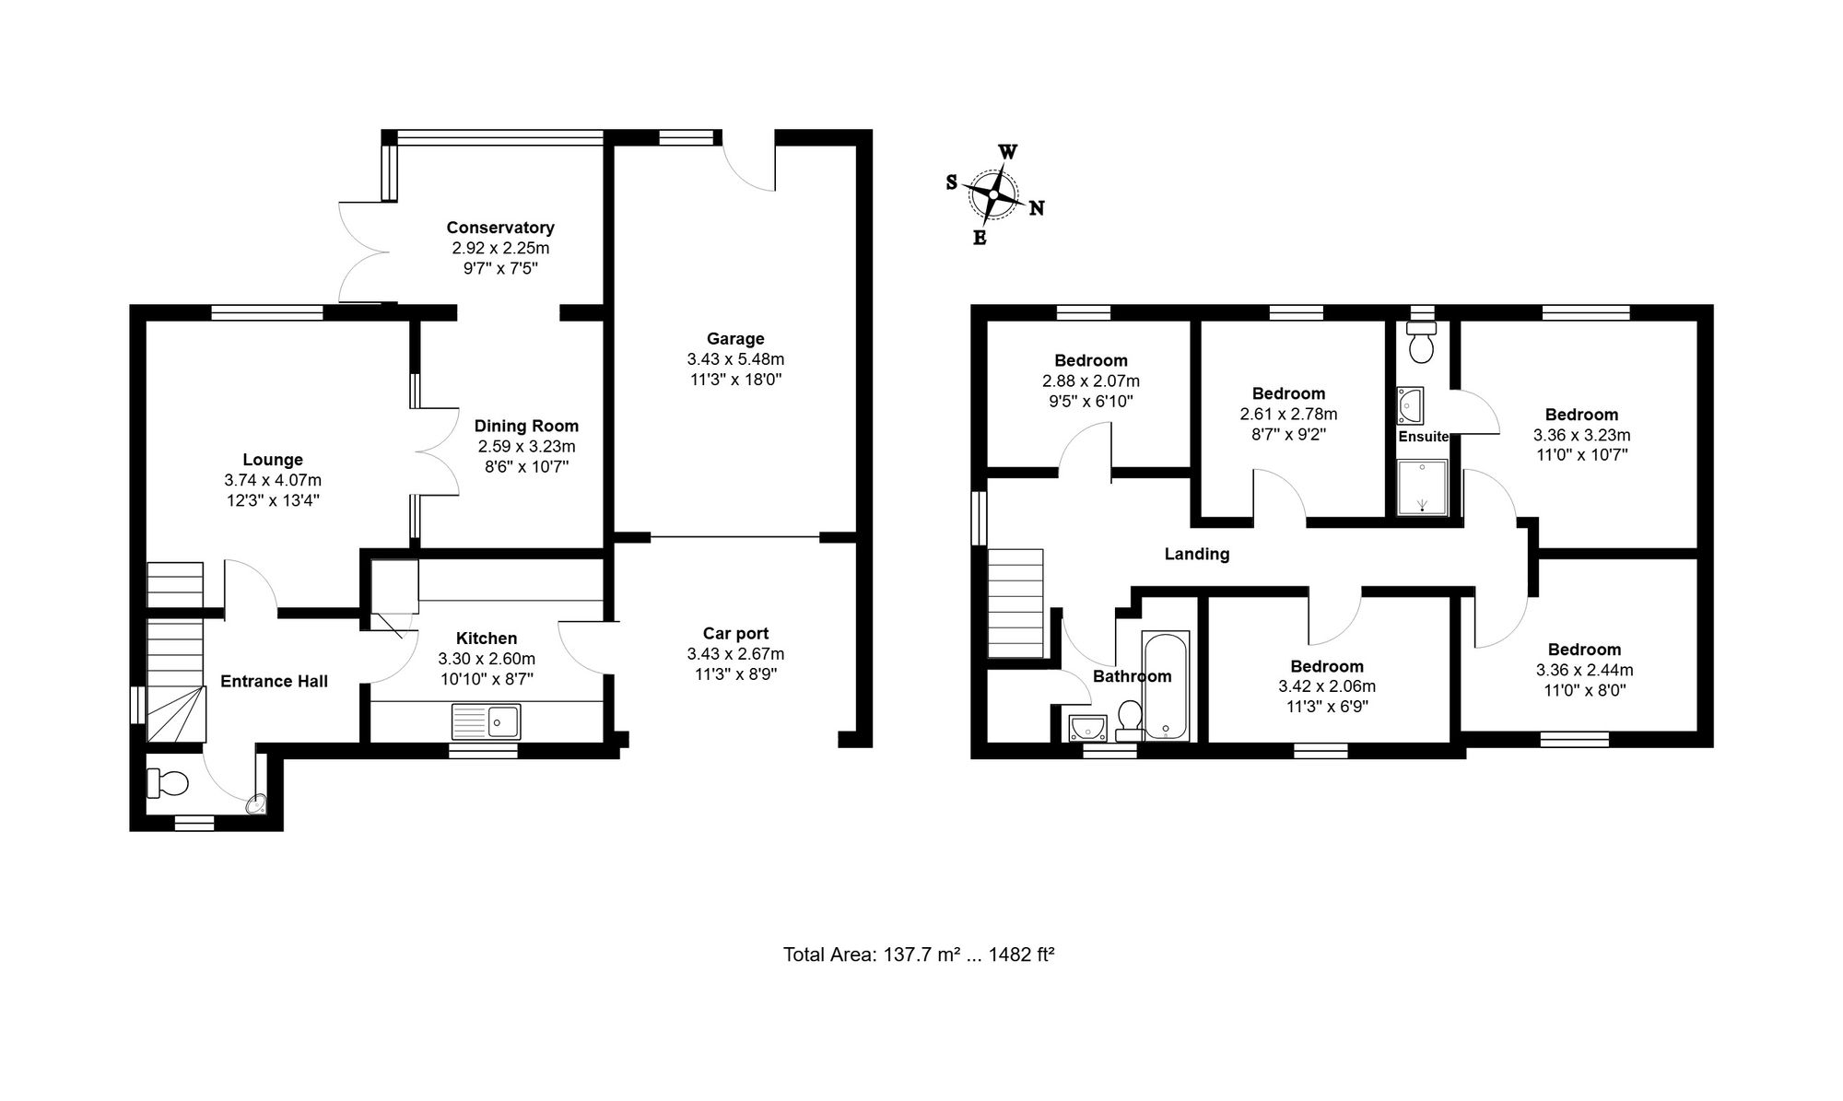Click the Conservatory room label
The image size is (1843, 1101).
pos(500,228)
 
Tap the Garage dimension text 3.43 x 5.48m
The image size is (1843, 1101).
pos(735,359)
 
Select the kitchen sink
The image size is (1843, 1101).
pos(486,721)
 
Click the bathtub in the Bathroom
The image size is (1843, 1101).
pos(1166,685)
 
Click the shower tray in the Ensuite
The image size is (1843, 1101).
pos(1423,487)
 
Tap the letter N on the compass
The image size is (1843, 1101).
pos(1036,208)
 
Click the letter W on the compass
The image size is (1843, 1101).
pos(1008,152)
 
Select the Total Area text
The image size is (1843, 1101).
pos(919,955)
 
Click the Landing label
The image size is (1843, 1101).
pos(1197,554)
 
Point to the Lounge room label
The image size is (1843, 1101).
pos(273,460)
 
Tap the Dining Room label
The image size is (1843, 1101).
pos(526,426)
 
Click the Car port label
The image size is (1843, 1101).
pos(735,634)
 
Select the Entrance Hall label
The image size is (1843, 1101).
pos(274,682)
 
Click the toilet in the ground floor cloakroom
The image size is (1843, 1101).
pos(168,783)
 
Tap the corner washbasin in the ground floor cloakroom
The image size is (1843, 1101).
pos(256,804)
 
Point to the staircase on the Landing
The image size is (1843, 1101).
pos(1015,603)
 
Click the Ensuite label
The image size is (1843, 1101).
pos(1424,437)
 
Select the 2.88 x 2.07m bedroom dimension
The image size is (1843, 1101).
pos(1091,381)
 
